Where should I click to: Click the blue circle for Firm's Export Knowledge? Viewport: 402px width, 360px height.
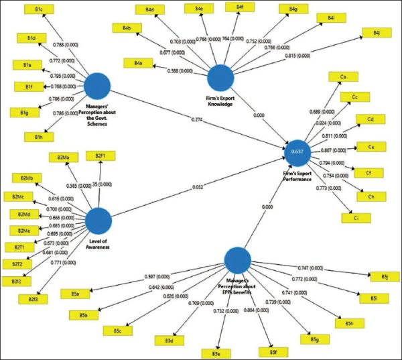point(220,78)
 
